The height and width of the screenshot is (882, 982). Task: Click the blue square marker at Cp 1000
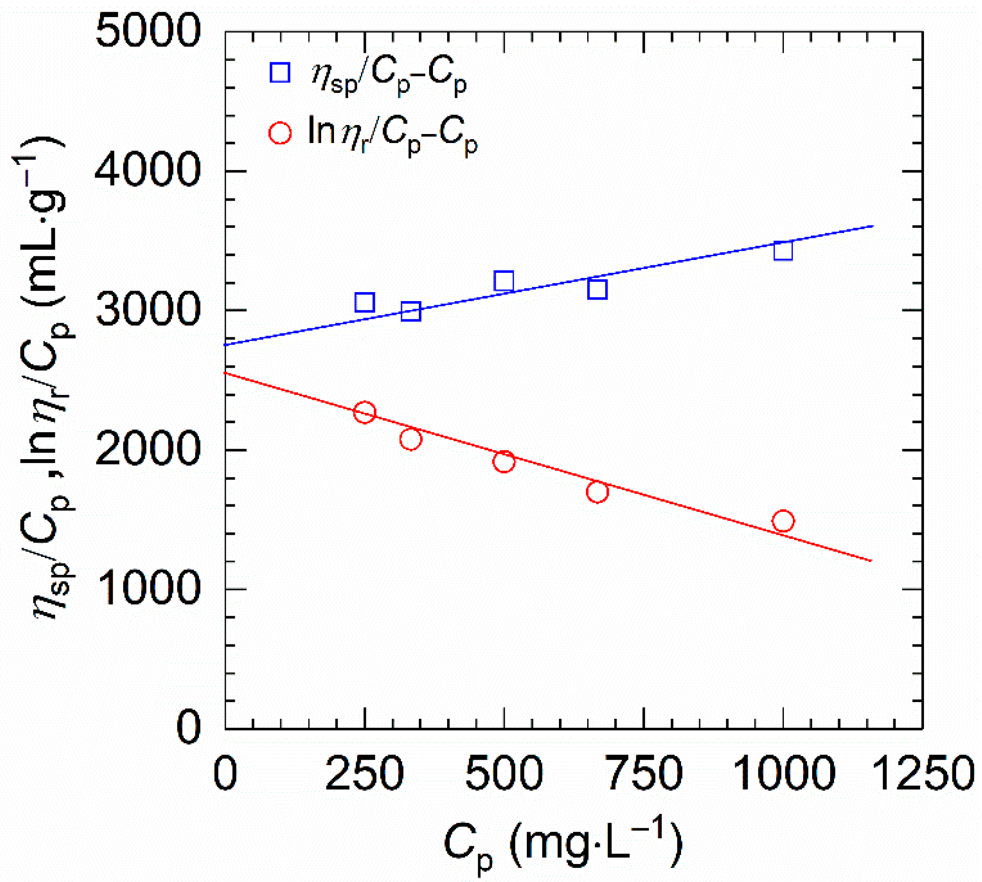[x=783, y=251]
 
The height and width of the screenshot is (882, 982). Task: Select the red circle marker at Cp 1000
[x=783, y=521]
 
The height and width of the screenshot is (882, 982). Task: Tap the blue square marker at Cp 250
[x=364, y=302]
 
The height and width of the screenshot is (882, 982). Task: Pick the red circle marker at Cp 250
[x=364, y=412]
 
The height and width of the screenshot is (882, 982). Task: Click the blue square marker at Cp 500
[x=504, y=281]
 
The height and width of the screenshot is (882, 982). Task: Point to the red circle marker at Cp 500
[x=504, y=462]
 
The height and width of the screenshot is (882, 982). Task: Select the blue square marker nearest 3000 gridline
[x=411, y=311]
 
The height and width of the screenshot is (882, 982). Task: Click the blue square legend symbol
[x=280, y=73]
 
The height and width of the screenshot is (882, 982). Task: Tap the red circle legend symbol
[x=280, y=133]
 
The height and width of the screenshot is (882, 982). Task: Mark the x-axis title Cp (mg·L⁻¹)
[x=562, y=844]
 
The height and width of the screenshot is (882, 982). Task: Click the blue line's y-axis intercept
[x=225, y=344]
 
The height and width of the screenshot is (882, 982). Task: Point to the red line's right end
[x=872, y=561]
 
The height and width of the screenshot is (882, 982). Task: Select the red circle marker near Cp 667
[x=597, y=492]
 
